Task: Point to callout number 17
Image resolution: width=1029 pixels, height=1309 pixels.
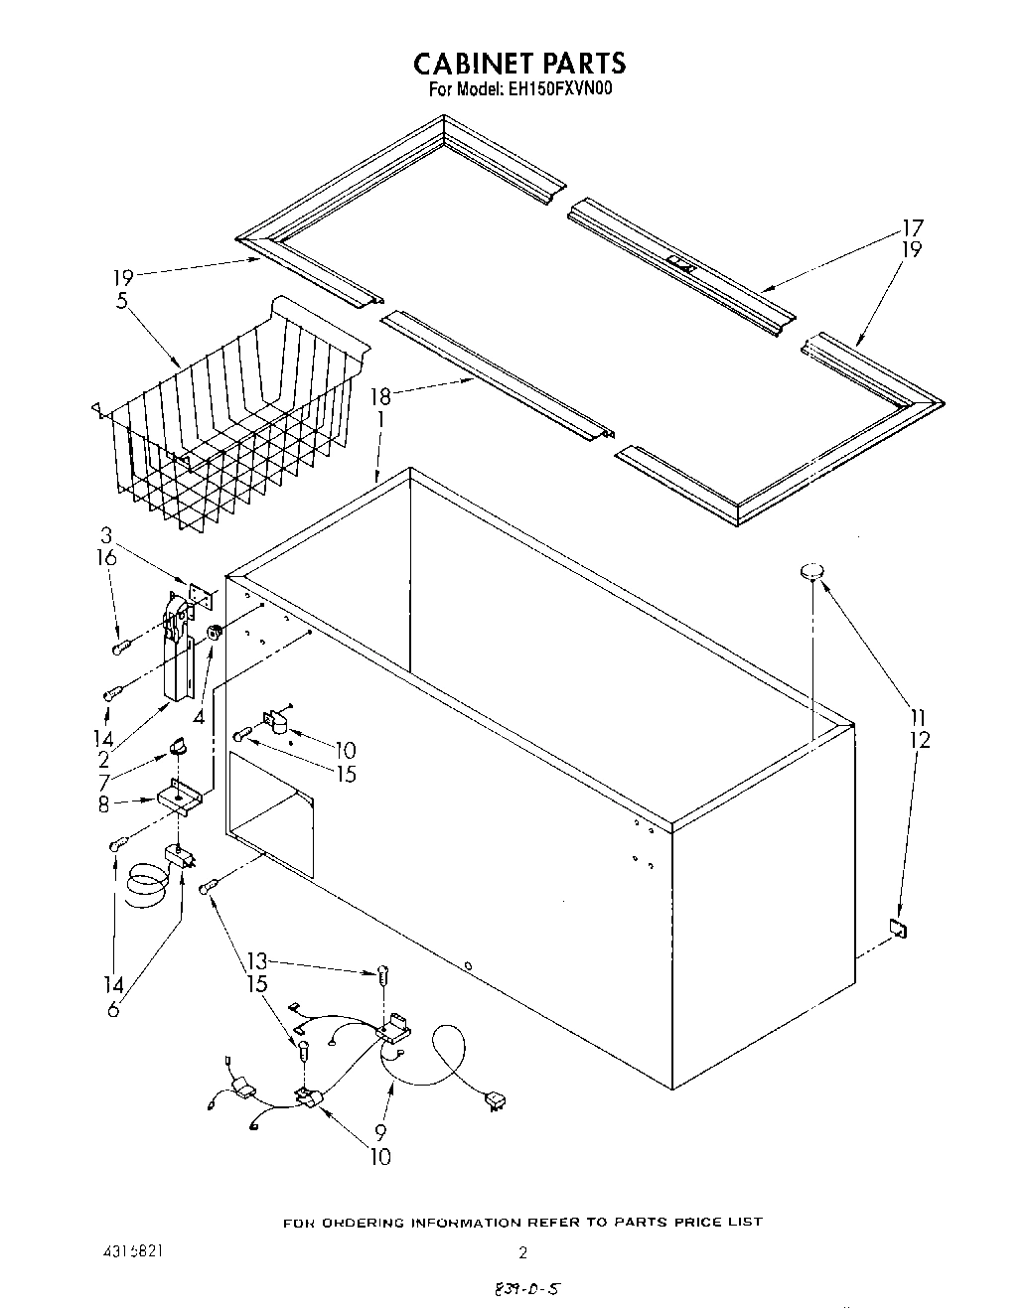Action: click(911, 227)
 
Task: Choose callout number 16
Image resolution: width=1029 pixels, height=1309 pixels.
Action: click(107, 558)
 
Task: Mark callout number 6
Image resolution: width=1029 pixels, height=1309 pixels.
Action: click(113, 1009)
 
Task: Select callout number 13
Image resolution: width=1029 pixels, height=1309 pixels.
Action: click(257, 962)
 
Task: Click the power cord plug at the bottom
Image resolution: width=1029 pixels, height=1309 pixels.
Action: click(492, 1099)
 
